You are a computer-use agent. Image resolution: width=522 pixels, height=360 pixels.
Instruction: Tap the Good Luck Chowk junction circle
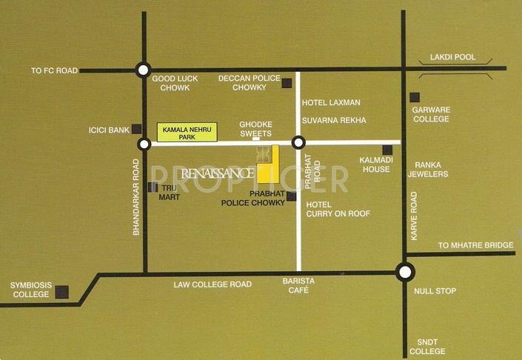pyautogui.click(x=143, y=70)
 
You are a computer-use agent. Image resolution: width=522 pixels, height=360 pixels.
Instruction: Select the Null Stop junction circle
pyautogui.click(x=405, y=273)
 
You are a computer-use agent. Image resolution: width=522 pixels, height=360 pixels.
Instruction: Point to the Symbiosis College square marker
pyautogui.click(x=63, y=291)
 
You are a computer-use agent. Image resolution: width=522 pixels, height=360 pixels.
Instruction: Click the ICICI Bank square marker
pyautogui.click(x=137, y=128)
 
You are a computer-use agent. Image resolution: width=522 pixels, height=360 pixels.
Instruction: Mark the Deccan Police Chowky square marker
pyautogui.click(x=287, y=84)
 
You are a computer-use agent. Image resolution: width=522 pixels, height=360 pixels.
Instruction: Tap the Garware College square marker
pyautogui.click(x=415, y=97)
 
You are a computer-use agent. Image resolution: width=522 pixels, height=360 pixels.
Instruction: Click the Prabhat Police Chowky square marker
pyautogui.click(x=291, y=196)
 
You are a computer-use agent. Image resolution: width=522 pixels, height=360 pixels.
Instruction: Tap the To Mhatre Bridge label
pyautogui.click(x=475, y=245)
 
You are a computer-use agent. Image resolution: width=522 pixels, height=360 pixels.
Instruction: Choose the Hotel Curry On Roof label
pyautogui.click(x=338, y=208)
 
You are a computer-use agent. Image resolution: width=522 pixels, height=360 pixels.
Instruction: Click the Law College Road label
pyautogui.click(x=213, y=284)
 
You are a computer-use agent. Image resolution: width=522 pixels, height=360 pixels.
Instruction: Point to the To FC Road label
pyautogui.click(x=54, y=71)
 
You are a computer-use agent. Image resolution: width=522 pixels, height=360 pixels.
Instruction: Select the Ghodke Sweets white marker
pyautogui.click(x=256, y=139)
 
